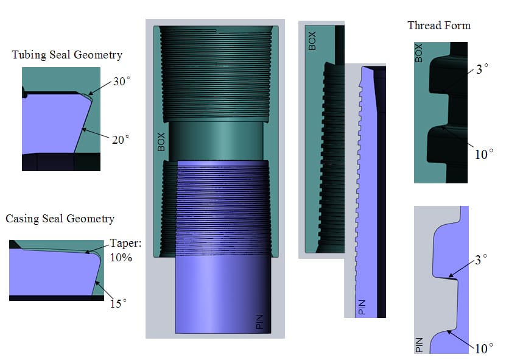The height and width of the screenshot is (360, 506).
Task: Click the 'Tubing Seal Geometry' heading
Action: (67, 55)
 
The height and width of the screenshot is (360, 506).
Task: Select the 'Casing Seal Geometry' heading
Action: (60, 219)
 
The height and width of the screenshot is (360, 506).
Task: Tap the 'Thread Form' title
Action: (439, 26)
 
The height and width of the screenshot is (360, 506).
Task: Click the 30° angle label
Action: (122, 82)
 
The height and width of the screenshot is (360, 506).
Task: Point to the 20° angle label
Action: (121, 139)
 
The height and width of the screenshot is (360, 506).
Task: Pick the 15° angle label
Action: (119, 303)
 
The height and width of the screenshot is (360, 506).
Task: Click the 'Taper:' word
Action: (126, 243)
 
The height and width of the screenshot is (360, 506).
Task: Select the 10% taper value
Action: (121, 257)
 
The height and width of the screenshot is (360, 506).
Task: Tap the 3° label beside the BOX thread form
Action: (482, 69)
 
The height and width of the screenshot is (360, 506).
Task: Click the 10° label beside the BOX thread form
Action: (483, 154)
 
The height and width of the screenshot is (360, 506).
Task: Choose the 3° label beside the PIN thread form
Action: (481, 259)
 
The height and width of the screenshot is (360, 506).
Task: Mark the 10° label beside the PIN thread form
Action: (483, 348)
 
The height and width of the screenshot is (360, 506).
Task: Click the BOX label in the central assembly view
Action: (161, 142)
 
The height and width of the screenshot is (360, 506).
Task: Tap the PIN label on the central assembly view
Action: (259, 322)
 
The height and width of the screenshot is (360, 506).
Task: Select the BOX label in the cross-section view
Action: (312, 41)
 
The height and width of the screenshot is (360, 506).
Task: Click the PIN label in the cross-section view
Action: (362, 307)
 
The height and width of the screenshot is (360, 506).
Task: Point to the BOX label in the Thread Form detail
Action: (418, 53)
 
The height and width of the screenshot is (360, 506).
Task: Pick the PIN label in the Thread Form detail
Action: (419, 345)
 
